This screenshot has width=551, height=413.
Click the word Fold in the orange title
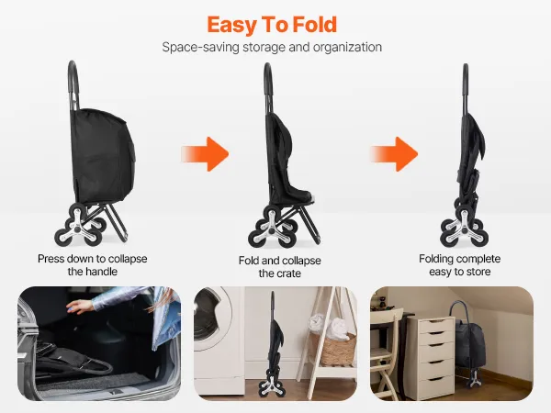point(315,25)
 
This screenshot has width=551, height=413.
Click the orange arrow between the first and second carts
point(205,154)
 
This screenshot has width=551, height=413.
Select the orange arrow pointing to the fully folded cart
point(394,154)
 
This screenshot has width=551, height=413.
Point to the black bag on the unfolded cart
point(102,156)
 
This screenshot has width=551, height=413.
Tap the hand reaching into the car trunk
point(80,306)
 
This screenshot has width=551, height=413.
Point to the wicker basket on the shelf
point(333,347)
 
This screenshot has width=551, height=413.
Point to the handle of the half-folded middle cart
point(268,84)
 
